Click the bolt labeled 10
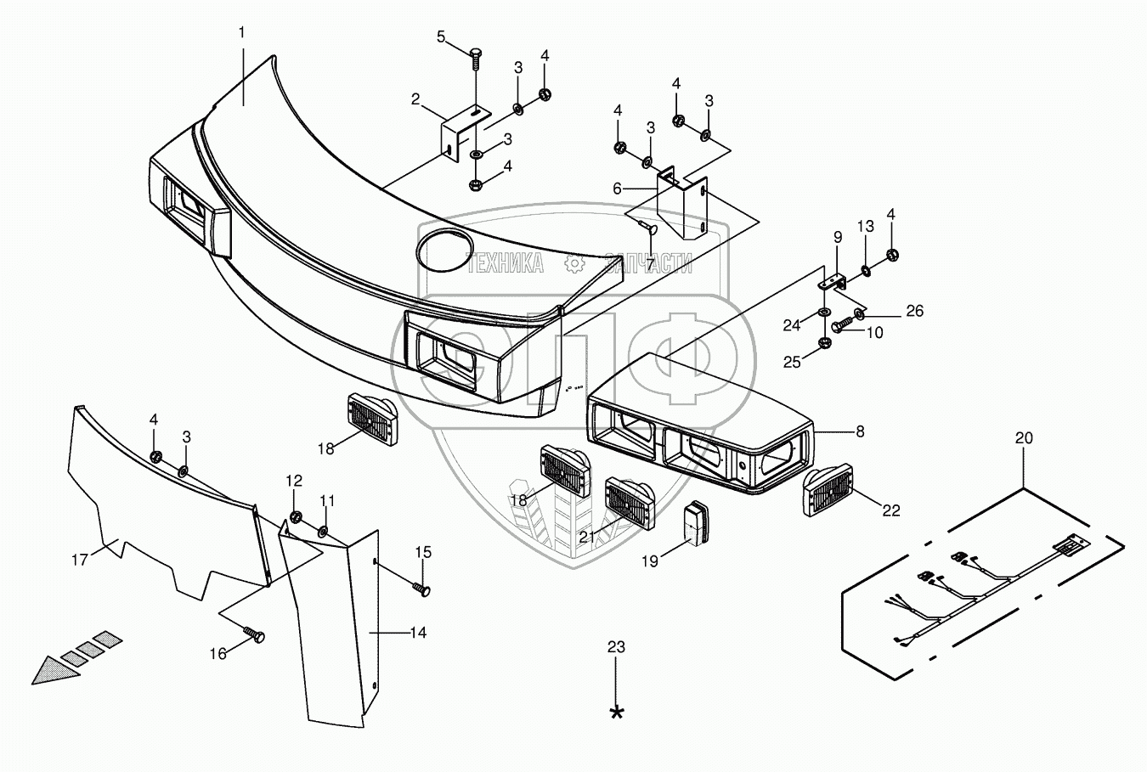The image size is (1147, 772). pos(841,324)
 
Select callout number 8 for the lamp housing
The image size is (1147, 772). pos(860,431)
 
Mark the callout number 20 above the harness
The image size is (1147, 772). pos(1024,438)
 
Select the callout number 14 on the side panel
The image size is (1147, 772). pos(417,632)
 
